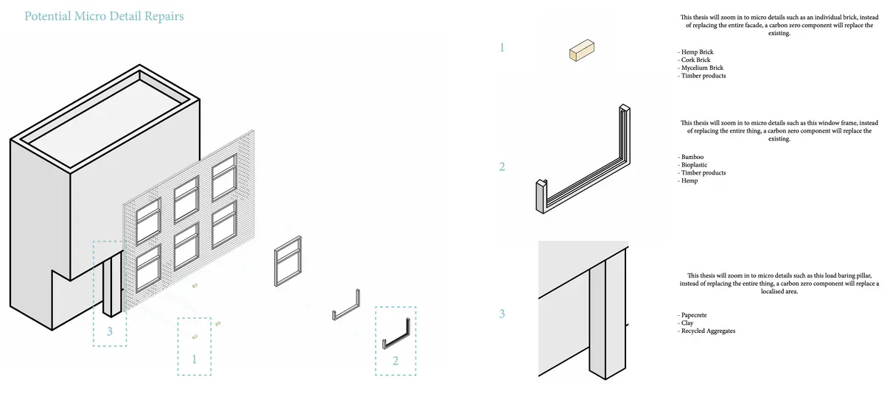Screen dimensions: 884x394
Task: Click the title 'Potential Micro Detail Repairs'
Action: [104, 16]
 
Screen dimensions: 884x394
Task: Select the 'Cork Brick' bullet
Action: [694, 60]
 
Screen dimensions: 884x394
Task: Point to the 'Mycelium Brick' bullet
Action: [701, 68]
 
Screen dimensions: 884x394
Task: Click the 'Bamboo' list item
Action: [691, 157]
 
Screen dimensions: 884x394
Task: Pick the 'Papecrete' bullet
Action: [692, 315]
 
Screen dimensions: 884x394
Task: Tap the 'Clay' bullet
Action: [686, 323]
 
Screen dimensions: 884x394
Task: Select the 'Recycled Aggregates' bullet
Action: [706, 331]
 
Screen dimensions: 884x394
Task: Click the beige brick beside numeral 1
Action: [582, 51]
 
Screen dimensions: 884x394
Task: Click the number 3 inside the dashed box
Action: [110, 331]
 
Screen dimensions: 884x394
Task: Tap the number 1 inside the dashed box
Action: [194, 359]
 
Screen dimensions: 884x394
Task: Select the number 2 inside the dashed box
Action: [396, 360]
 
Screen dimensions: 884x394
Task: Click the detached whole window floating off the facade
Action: [288, 261]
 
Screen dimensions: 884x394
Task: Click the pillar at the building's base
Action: [112, 284]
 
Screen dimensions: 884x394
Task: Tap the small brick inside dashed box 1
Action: [194, 337]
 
